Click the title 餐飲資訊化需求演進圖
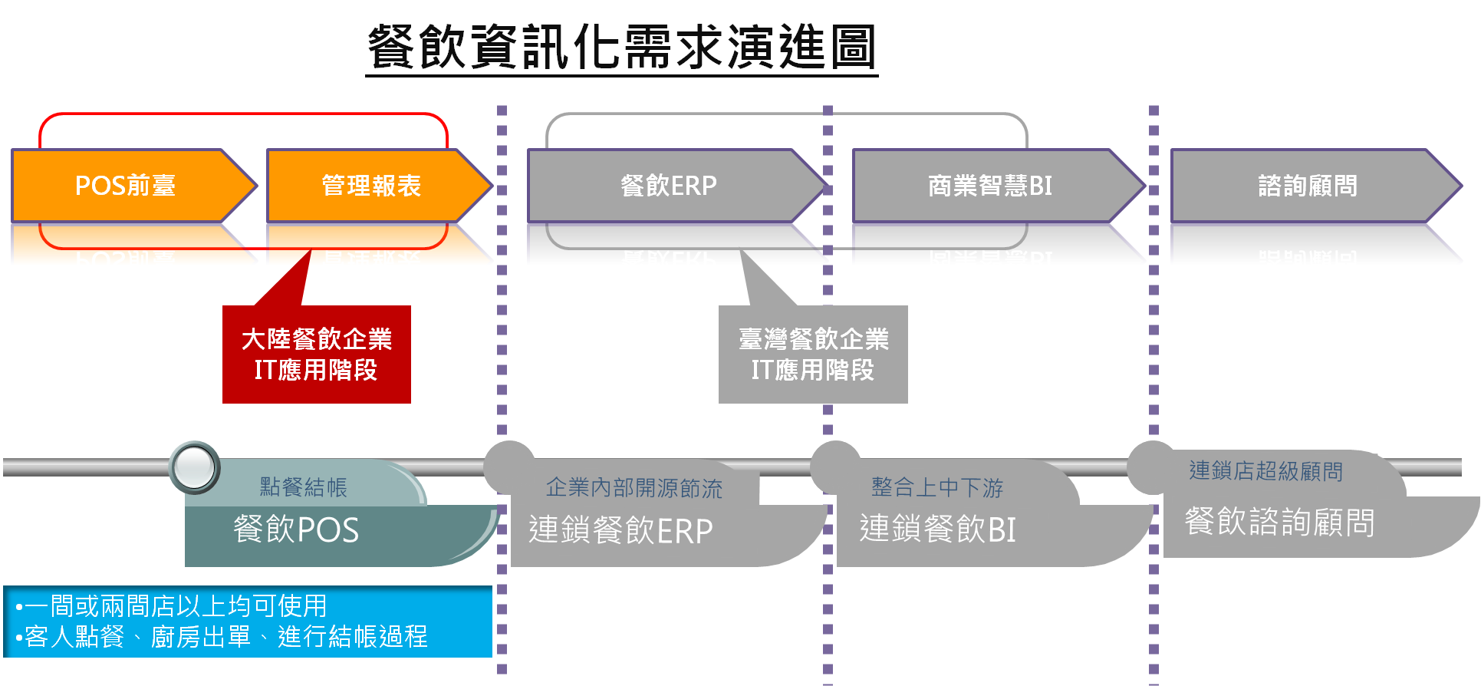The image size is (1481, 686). pos(621,47)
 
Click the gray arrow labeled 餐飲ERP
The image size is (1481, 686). pos(676,186)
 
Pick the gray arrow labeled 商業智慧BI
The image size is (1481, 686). pos(998,186)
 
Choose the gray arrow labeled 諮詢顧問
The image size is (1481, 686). pos(1316,186)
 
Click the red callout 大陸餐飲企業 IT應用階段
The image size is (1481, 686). pos(317,355)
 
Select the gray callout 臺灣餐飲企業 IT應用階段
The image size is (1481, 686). pos(813,355)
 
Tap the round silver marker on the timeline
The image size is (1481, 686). pos(195,467)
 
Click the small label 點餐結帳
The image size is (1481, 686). pos(304,487)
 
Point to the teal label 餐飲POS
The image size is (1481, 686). pos(296,529)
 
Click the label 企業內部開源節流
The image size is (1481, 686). pos(634,488)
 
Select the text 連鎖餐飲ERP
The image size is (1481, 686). pos(620,530)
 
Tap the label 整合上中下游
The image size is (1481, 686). pos(937,487)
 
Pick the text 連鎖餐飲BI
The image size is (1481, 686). pos(937,529)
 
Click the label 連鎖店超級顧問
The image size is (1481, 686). pos(1266,471)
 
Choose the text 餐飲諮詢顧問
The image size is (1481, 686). pos(1279,522)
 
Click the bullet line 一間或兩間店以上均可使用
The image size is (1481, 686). pos(171,606)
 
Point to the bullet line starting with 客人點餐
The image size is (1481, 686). pos(221,637)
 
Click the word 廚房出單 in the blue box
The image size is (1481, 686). pos(201,637)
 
